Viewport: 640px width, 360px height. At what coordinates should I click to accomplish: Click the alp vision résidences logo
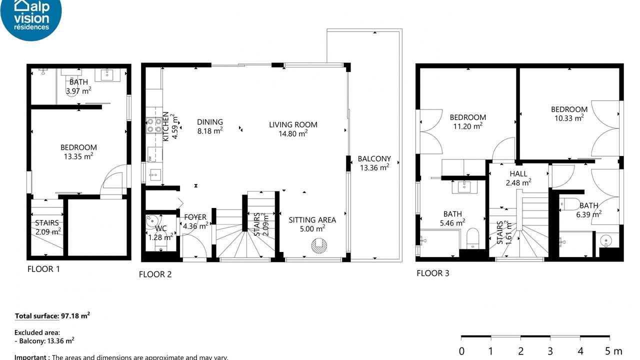coord(31,18)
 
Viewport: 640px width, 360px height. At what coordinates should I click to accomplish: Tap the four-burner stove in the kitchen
coord(154,125)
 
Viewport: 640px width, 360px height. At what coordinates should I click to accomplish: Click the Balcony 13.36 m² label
coord(374,163)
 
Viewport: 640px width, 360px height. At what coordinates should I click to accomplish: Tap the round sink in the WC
coord(151,221)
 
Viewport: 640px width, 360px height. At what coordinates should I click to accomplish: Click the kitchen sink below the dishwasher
coord(155,174)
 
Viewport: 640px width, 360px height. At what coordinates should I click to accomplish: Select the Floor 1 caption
coord(43,269)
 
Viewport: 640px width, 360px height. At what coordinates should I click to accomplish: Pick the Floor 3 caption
coord(433,273)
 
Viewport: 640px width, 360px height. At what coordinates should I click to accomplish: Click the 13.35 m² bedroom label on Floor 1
coord(78,151)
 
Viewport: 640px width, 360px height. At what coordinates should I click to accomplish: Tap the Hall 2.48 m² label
coord(518,178)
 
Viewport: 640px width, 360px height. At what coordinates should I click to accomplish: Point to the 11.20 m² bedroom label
coord(468,121)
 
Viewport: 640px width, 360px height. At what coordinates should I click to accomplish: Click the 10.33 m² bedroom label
coord(569,113)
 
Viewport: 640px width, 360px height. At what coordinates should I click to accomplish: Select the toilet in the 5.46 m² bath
coord(472,238)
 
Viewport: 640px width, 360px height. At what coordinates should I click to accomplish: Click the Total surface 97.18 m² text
coord(52,315)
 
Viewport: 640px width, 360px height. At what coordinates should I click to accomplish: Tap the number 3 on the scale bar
coord(550,351)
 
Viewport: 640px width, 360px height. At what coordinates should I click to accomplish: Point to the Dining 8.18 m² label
coord(210,126)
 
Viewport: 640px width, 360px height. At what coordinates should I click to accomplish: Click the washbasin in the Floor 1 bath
coord(107,75)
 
